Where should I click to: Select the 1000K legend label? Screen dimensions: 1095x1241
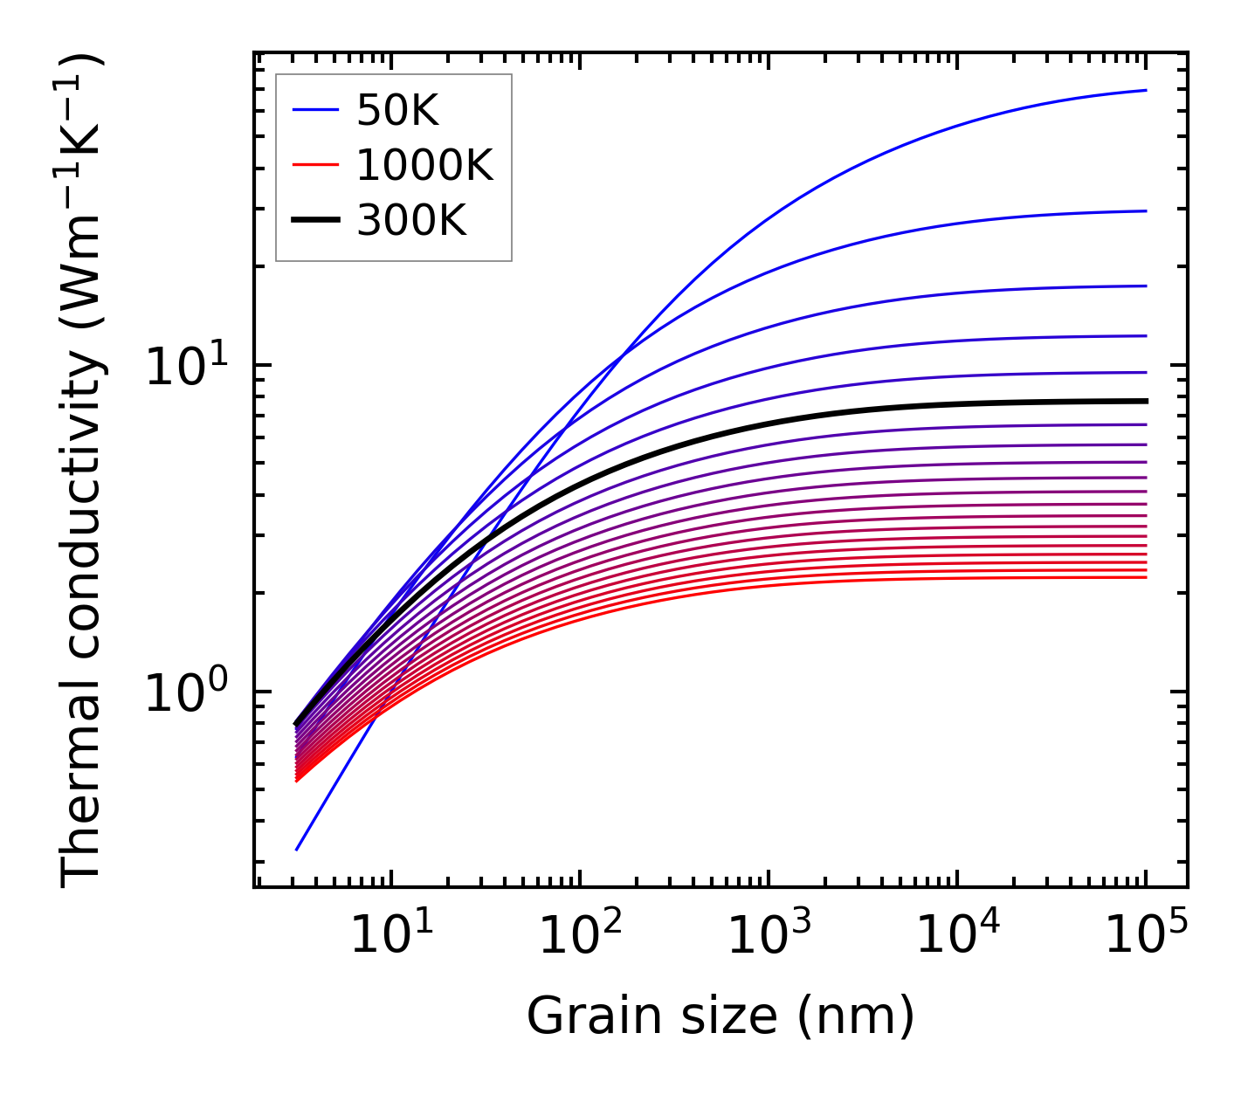[x=424, y=165]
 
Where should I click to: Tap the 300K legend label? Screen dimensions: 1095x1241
[x=411, y=221]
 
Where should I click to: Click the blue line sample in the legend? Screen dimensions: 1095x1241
[x=314, y=110]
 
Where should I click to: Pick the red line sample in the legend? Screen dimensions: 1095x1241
[x=314, y=165]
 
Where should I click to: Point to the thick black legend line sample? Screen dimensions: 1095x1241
[x=314, y=221]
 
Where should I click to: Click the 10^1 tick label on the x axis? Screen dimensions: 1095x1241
[x=390, y=937]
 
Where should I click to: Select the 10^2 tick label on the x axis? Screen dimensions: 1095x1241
[x=579, y=937]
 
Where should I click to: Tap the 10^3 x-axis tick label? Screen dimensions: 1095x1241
[x=768, y=937]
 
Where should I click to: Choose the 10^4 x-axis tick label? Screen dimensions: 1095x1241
[x=956, y=937]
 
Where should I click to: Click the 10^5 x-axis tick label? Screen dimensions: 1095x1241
[x=1145, y=937]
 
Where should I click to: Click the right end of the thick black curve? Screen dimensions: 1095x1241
[x=1145, y=401]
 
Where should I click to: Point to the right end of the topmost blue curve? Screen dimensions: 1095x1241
[x=1145, y=90]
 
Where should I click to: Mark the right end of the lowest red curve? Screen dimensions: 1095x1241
[x=1145, y=577]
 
